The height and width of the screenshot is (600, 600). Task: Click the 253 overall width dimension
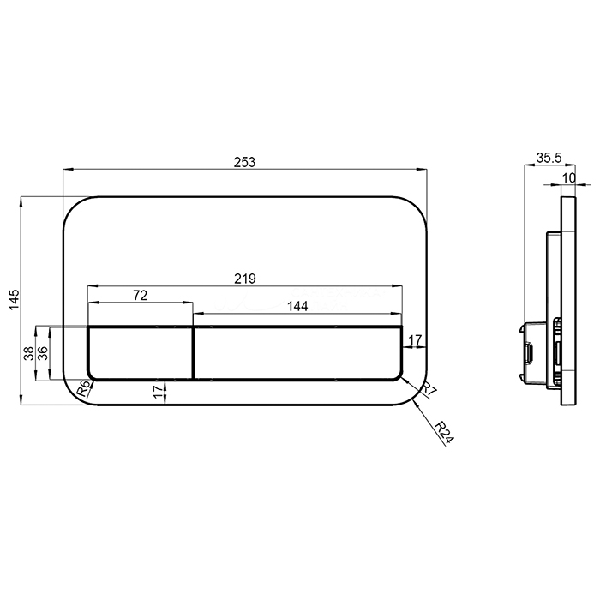244,162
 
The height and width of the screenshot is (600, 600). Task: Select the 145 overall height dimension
15,300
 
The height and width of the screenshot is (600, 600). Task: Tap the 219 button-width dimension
245,279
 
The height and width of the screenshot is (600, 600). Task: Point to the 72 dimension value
140,296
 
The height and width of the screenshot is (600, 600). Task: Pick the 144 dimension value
297,306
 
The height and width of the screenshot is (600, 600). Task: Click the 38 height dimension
28,353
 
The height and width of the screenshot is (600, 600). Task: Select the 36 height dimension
43,353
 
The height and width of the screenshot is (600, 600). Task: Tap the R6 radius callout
84,389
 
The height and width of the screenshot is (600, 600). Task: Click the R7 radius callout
429,390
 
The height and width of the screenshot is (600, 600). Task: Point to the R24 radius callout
445,432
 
